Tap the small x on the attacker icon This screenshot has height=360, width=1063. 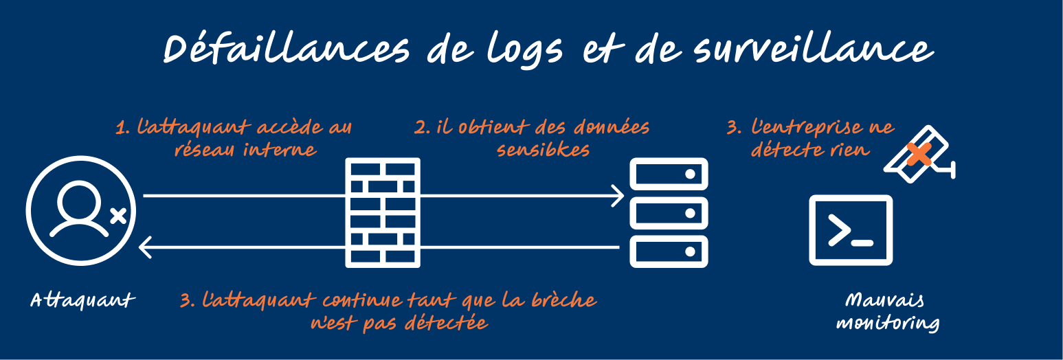(118, 216)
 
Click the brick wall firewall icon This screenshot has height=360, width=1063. (383, 212)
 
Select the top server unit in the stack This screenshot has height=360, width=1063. (669, 175)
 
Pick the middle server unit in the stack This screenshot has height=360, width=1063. (669, 213)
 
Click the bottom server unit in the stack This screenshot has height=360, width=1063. (669, 251)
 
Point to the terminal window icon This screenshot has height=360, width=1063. (851, 230)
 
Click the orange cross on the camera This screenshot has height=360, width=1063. (919, 155)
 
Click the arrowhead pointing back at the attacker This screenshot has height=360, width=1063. (145, 246)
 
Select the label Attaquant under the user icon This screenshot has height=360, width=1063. (82, 300)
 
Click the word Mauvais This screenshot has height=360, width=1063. (885, 300)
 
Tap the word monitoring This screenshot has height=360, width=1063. (887, 323)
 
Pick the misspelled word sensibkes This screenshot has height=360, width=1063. (543, 149)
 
